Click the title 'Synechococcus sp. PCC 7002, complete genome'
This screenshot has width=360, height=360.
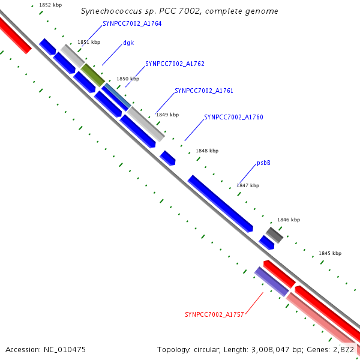[179, 11]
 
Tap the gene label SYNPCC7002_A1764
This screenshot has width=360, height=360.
[132, 23]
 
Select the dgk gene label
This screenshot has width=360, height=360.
[128, 43]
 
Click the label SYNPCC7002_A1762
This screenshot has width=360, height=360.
[175, 64]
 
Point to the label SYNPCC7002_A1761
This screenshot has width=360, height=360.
[204, 91]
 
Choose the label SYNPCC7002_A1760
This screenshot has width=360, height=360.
[233, 118]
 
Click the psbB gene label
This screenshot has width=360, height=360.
[263, 163]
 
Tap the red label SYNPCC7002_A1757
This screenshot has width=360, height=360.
[214, 314]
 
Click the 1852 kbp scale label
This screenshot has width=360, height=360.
[50, 5]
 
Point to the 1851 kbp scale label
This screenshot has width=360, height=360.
[89, 43]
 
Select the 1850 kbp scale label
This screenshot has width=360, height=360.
[128, 79]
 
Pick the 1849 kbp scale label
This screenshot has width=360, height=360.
[167, 115]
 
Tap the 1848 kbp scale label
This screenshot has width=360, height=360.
[207, 151]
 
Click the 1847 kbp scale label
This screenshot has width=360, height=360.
[247, 186]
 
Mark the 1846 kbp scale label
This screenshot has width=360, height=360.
[288, 220]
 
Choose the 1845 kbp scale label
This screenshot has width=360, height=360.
[329, 254]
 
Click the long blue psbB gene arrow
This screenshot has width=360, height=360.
[220, 203]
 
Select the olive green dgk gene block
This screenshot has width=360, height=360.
[93, 74]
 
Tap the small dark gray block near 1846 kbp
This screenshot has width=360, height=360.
[274, 235]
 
